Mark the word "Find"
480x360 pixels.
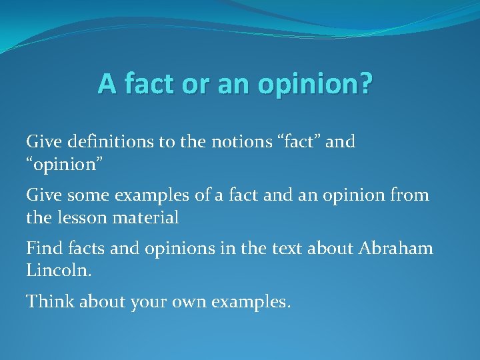point(42,249)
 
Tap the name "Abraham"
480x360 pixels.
point(396,249)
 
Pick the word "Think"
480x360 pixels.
point(50,302)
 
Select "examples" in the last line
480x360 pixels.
point(250,302)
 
